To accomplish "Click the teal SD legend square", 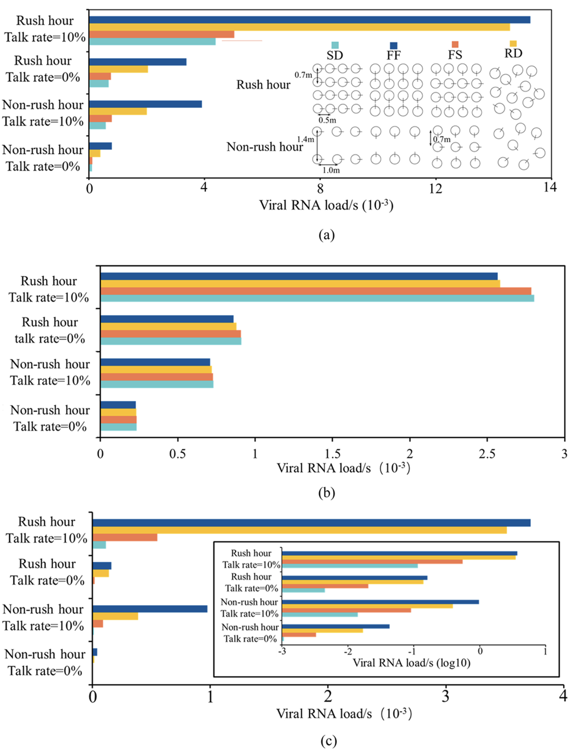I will coord(335,45).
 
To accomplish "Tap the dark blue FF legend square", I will coord(393,46).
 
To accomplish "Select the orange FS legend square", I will coord(455,44).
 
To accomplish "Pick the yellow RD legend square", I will coord(513,43).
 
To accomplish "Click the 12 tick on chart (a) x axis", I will coord(435,188).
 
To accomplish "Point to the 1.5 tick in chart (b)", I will coord(332,454).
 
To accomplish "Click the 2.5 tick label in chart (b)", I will coord(487,454).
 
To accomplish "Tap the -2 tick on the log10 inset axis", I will coord(348,651).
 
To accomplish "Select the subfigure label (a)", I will coord(326,235).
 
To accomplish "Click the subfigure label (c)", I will coord(328,741).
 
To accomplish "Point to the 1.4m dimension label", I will coord(305,139).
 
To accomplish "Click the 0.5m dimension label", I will coord(327,120).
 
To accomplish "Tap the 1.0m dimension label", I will coord(331,170).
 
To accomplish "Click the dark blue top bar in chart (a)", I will coord(310,20).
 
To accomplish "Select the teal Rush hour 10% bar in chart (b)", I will coord(317,298).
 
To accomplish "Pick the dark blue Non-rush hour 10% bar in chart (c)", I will coord(150,609).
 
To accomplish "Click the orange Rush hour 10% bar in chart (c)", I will coord(125,537).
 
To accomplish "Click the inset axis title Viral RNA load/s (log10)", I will coord(411,663).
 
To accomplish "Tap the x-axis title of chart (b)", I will coord(344,468).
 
